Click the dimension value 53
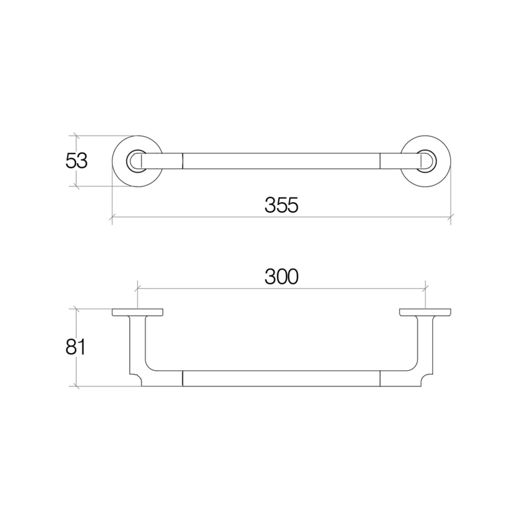pyautogui.click(x=76, y=161)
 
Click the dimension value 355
pyautogui.click(x=281, y=205)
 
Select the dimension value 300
pyautogui.click(x=281, y=277)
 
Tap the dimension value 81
pyautogui.click(x=75, y=347)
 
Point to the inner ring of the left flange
pyautogui.click(x=130, y=161)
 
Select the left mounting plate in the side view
pyautogui.click(x=137, y=312)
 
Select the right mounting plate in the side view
pyautogui.click(x=425, y=312)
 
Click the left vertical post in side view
pyautogui.click(x=137, y=344)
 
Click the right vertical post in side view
pyautogui.click(x=425, y=344)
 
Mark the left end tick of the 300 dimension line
pyautogui.click(x=137, y=288)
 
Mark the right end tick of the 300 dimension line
pyautogui.click(x=425, y=288)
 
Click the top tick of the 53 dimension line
pyautogui.click(x=76, y=136)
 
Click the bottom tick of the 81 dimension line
pyautogui.click(x=76, y=386)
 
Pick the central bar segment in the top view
pyautogui.click(x=281, y=161)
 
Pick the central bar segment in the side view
pyautogui.click(x=281, y=378)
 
